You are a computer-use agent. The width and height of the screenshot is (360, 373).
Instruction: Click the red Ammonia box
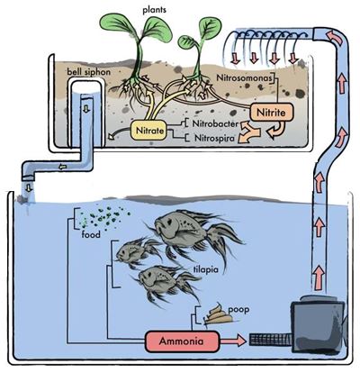click(182, 341)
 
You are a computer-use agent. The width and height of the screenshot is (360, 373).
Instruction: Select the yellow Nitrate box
click(149, 131)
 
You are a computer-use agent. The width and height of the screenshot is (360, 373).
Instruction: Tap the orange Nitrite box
click(271, 113)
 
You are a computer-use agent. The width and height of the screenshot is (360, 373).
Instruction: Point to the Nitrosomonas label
click(245, 77)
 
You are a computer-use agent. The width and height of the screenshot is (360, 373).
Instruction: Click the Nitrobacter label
click(215, 123)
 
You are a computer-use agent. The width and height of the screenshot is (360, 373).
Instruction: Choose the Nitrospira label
click(214, 138)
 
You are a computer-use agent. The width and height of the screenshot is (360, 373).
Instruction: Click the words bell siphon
click(88, 72)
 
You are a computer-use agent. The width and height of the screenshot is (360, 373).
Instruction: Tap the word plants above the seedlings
click(155, 10)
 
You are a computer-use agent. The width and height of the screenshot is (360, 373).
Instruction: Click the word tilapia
click(206, 269)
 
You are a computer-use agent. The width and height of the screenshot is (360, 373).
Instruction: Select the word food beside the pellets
click(91, 234)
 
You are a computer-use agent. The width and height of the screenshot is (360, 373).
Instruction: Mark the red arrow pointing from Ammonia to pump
click(233, 341)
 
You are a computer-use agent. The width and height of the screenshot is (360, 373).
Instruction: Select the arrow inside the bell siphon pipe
click(86, 109)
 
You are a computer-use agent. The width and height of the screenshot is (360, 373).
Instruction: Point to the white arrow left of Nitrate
click(120, 132)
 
